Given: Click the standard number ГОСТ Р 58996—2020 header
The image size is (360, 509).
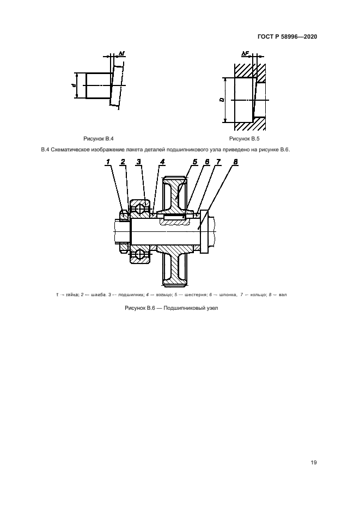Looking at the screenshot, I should point(286,37).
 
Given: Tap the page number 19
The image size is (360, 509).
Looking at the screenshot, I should point(313,463).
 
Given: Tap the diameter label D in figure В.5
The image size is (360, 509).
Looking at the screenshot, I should point(222,100).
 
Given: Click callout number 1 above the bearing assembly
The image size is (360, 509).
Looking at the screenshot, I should point(109,161).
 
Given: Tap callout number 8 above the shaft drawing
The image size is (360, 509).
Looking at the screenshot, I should point(235,161).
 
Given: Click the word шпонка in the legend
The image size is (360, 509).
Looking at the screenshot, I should point(229,295).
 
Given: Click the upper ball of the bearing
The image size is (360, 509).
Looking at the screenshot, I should point(142,207).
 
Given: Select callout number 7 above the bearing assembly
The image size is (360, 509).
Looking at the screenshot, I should point(218,161).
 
